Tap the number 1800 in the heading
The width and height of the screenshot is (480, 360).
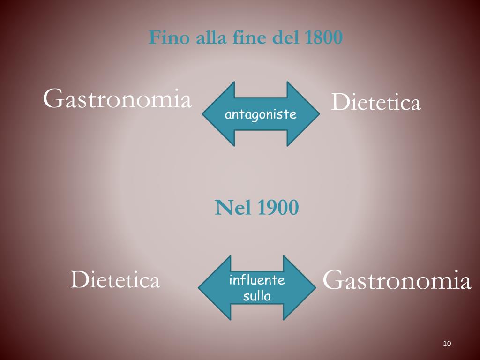[323, 37]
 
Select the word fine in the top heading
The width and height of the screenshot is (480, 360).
[250, 37]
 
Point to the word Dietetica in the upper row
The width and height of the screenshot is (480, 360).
[375, 103]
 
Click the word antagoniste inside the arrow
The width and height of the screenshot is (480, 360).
[261, 114]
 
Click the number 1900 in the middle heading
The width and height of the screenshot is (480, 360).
[278, 208]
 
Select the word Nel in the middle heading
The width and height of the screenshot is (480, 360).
[233, 208]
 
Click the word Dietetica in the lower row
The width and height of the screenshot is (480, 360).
[115, 280]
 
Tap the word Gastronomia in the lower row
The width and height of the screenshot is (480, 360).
[397, 280]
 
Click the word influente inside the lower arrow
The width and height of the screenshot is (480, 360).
[257, 280]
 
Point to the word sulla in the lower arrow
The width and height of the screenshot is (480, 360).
[257, 296]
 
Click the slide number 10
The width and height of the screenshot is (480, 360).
[446, 344]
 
